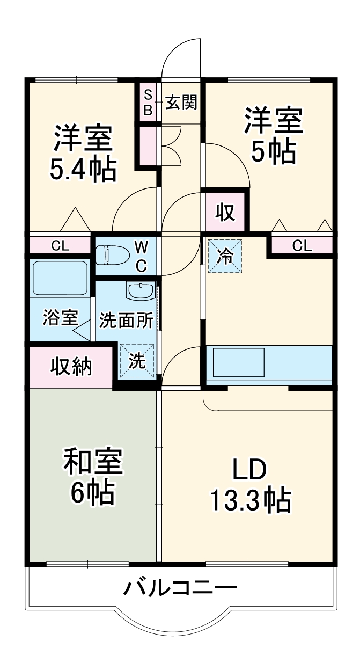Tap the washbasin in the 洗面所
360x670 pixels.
point(141,292)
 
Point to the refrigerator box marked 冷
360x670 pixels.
point(225,256)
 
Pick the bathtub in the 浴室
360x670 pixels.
point(59,278)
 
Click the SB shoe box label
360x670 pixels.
point(148,103)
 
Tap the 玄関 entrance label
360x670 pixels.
point(180,103)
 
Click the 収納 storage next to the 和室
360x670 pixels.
point(71,367)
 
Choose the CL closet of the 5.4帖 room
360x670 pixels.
point(60,246)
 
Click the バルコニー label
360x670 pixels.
point(180,589)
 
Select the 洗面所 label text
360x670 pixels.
point(126,321)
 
